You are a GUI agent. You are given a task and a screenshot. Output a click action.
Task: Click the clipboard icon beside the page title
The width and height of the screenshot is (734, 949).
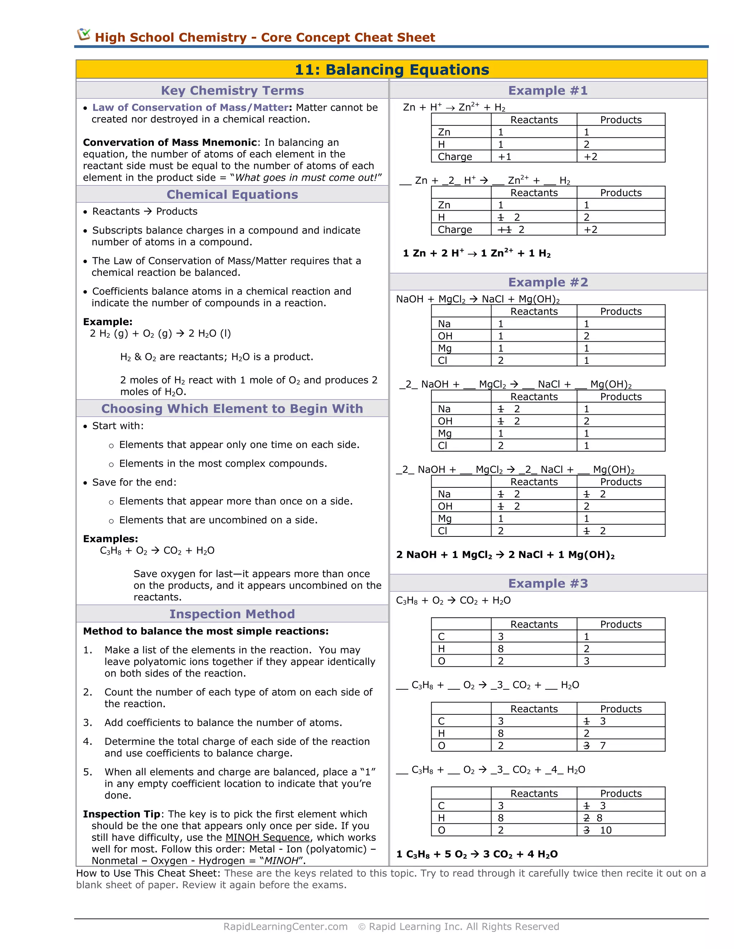84,35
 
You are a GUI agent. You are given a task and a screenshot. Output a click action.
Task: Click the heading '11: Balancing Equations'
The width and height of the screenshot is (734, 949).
392,70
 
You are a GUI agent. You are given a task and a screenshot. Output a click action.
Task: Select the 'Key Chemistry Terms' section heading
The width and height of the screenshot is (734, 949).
232,90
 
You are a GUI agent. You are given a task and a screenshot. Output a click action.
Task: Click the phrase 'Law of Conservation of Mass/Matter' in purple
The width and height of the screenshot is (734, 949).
190,107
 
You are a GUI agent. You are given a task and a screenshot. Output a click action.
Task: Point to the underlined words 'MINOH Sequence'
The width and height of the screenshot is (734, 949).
267,837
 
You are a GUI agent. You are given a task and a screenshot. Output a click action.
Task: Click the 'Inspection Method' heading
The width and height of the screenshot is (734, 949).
232,614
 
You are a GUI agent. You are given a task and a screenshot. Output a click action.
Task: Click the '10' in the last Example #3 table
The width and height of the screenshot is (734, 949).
606,830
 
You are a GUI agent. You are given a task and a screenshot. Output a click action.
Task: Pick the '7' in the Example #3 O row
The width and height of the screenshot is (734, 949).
603,746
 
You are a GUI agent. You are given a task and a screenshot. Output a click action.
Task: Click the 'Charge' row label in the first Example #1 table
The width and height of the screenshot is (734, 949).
455,157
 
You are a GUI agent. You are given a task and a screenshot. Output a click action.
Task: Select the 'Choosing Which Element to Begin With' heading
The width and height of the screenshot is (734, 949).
232,409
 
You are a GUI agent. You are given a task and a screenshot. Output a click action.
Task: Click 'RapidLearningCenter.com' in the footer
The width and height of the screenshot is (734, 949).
285,926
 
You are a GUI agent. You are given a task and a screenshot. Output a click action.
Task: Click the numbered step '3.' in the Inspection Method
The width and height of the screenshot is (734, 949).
88,723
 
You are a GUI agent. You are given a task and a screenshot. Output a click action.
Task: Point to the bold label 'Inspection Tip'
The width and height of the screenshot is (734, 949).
121,814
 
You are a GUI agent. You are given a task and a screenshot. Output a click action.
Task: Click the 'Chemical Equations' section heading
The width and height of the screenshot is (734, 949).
232,194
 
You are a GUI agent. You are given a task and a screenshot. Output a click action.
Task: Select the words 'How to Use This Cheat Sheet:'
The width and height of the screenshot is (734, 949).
148,873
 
